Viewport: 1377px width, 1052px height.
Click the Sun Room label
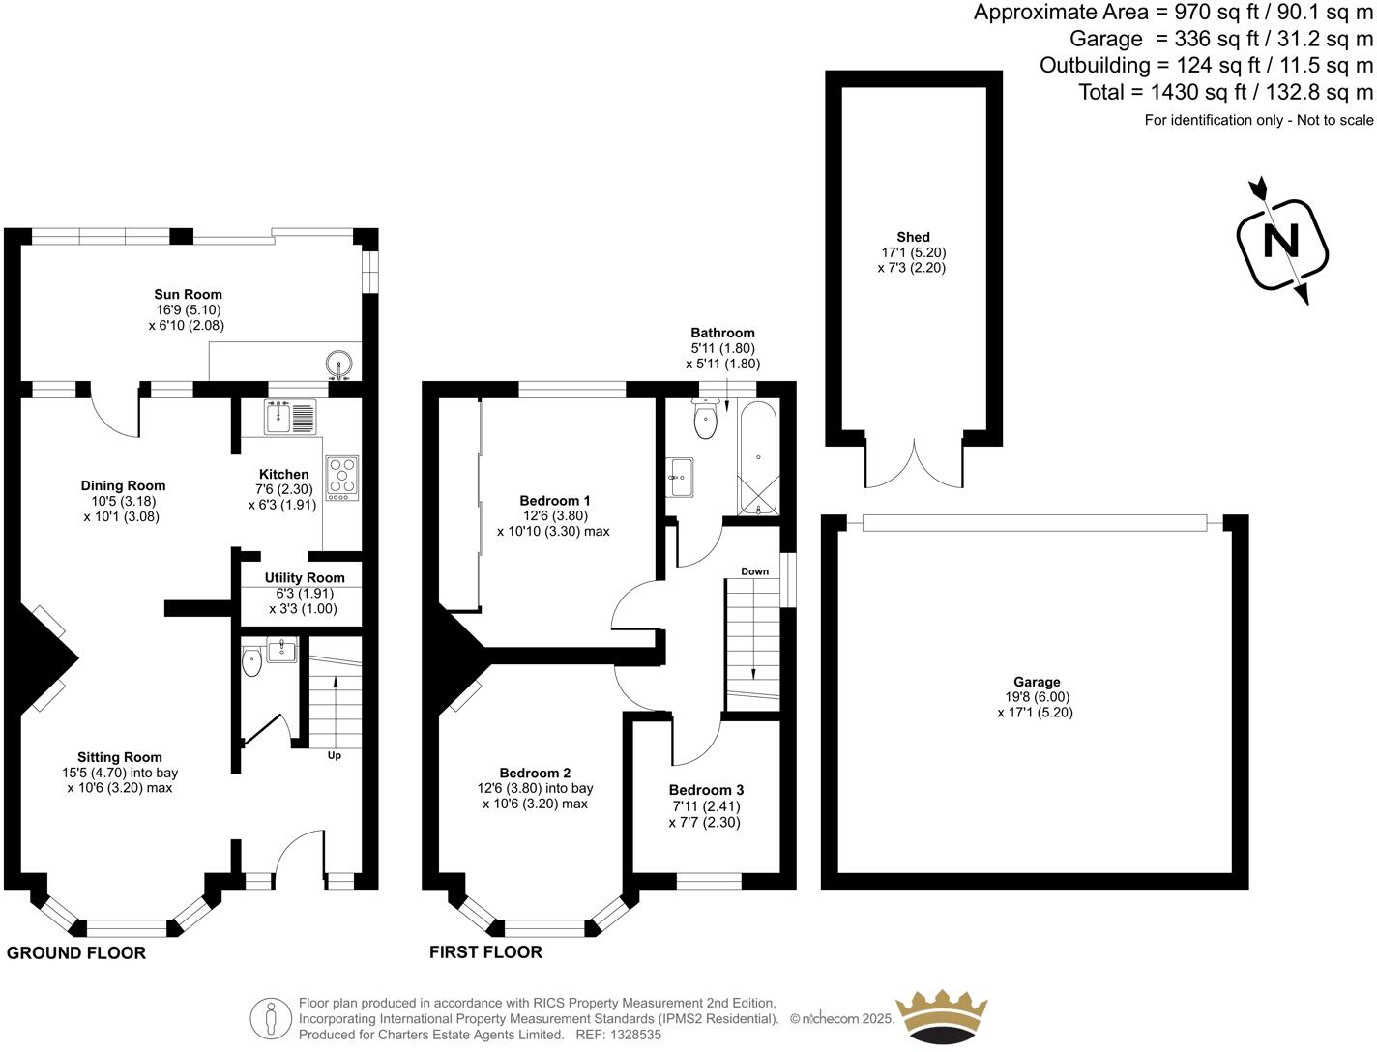pos(188,294)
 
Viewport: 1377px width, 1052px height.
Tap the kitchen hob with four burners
pos(342,477)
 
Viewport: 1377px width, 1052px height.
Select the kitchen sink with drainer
pos(290,417)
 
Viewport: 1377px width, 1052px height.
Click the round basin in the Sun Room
pos(339,365)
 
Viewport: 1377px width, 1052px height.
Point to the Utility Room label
pos(304,577)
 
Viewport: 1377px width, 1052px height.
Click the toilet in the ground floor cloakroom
pos(251,663)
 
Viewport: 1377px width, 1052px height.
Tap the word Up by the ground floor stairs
pos(335,754)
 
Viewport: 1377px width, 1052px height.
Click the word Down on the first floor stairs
pos(754,571)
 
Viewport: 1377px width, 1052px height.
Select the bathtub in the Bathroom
pos(758,459)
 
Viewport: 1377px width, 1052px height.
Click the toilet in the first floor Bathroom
pos(705,422)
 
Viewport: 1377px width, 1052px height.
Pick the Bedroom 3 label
pos(706,790)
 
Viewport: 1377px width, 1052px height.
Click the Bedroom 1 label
pos(554,500)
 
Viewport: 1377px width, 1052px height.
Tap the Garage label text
pos(1036,682)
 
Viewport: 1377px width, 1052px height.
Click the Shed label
pos(912,237)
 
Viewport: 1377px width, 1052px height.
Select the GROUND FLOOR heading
pos(76,953)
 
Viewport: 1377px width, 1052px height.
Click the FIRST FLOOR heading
pos(485,952)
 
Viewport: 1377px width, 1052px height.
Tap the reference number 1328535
pos(630,1035)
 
